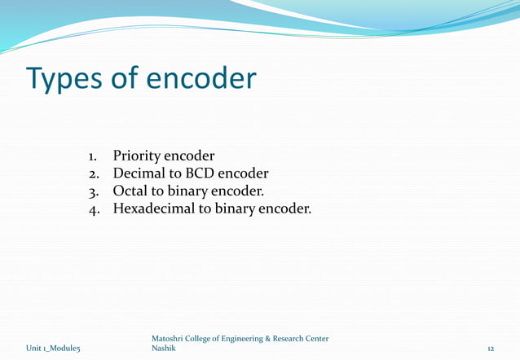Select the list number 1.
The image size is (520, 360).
[93, 156]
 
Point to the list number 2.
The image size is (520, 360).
[93, 174]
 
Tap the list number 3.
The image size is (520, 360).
[93, 193]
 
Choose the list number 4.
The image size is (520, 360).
[93, 211]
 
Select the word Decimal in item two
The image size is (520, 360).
[140, 173]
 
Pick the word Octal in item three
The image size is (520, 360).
[130, 192]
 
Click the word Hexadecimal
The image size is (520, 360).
[159, 210]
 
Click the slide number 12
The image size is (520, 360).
[491, 349]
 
